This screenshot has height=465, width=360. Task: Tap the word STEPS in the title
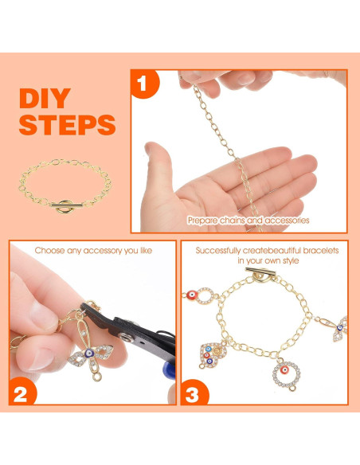pos(67,125)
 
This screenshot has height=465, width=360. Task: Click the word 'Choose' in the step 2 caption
pos(50,250)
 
